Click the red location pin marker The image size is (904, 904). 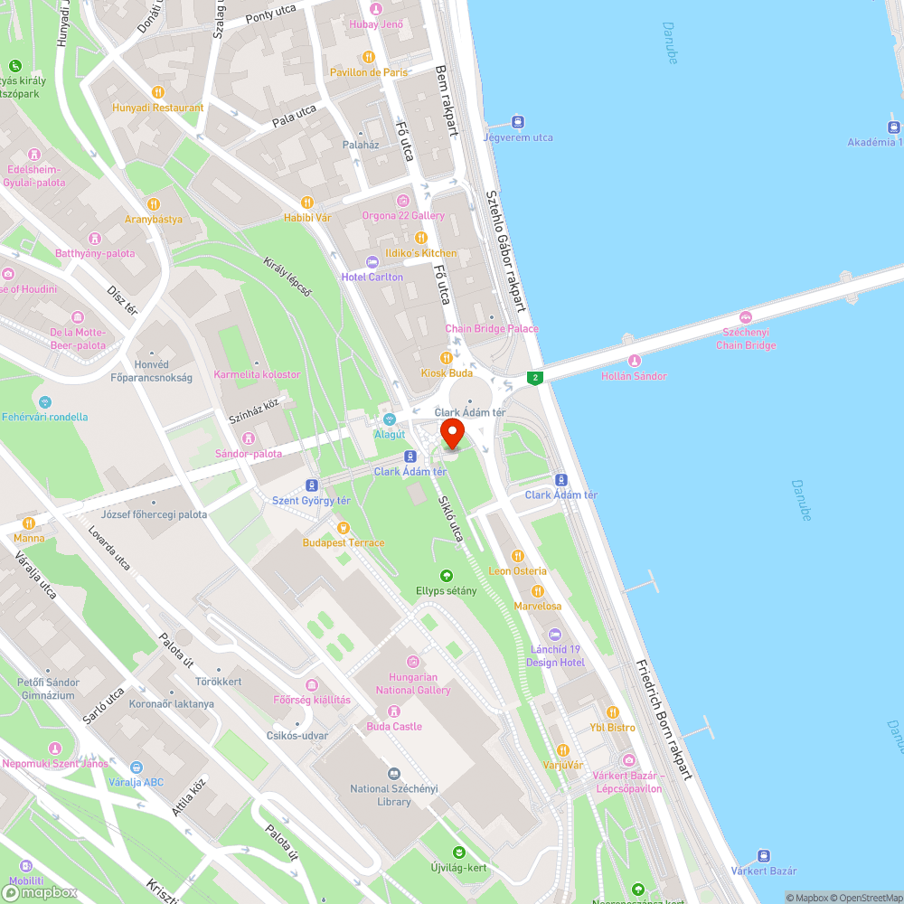452,432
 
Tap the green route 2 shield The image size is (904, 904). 536,377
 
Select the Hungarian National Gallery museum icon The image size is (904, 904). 413,662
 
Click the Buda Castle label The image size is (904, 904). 394,726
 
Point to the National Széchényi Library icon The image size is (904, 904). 393,774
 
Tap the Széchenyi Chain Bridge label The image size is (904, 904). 746,339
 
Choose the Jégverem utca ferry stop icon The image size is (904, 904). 518,121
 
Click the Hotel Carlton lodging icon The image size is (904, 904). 372,261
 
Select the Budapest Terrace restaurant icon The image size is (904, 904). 343,527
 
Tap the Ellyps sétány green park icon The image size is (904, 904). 446,575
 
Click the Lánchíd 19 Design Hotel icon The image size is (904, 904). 555,635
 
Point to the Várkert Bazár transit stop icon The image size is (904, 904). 764,855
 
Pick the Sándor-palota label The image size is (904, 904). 249,454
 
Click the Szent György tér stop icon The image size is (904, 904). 312,485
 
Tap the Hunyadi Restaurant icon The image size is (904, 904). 158,91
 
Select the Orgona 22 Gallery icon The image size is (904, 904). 403,200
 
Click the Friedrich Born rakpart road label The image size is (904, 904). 664,719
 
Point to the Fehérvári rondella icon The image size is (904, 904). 45,402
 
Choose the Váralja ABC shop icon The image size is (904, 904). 136,767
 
